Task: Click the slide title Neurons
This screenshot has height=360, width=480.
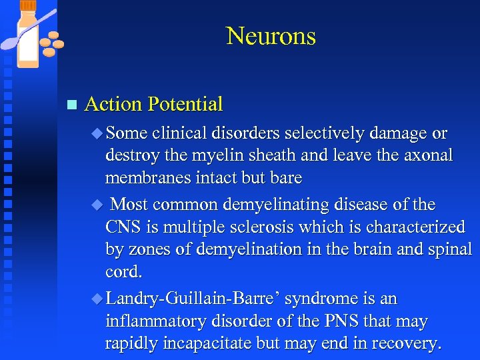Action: click(x=271, y=35)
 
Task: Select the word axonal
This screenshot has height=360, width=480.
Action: click(x=426, y=156)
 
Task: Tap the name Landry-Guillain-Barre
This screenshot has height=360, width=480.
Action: click(x=191, y=299)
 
